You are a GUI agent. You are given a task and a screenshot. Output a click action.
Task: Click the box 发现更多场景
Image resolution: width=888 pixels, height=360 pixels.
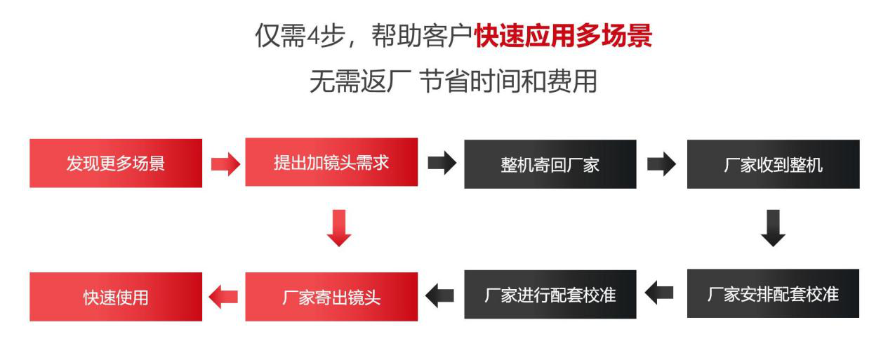point(116,163)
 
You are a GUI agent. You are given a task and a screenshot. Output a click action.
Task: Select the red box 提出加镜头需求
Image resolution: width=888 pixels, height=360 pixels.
point(331,162)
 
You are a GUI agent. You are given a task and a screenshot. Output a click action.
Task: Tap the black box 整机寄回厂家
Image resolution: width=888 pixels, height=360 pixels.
point(550,164)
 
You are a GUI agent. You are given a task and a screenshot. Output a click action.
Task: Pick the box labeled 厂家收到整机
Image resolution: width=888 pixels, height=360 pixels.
point(774,164)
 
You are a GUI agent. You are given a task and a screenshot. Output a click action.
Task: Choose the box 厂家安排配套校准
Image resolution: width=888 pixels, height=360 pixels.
point(773,293)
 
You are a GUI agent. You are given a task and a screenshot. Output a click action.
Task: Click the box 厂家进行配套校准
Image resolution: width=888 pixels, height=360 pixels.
point(550,295)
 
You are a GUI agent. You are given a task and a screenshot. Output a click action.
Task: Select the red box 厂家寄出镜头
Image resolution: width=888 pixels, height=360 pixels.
point(331,297)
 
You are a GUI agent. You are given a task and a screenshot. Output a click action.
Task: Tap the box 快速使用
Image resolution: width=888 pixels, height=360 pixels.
point(116,297)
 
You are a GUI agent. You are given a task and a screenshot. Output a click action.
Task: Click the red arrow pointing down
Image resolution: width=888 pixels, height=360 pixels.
point(339,228)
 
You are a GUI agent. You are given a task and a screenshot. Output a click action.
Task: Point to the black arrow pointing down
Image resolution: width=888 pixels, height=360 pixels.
point(773,228)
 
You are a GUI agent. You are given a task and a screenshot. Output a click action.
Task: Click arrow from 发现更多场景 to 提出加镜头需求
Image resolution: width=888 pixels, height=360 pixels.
point(225,164)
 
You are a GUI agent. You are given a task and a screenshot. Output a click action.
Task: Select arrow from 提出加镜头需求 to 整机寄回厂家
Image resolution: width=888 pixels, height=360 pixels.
point(442,163)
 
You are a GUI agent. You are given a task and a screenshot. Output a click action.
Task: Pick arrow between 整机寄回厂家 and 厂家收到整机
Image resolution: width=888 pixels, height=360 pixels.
point(662,164)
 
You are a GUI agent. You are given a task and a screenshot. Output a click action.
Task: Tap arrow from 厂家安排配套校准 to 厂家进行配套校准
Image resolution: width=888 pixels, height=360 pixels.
point(659,293)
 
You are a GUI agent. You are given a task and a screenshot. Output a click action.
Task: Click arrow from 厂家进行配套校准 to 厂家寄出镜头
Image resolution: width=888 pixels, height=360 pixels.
point(439,295)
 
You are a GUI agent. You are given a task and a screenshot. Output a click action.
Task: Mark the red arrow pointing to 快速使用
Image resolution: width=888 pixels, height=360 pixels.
point(223,297)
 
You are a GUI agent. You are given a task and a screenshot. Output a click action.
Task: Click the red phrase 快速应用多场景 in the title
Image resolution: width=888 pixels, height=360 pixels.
point(563,36)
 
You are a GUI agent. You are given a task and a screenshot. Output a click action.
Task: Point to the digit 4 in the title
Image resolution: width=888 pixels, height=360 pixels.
point(313,36)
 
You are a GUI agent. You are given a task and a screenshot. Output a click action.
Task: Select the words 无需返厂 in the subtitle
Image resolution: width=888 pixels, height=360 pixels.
point(360,81)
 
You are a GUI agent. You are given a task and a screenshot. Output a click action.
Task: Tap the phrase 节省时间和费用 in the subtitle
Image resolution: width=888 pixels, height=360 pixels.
point(509,81)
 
